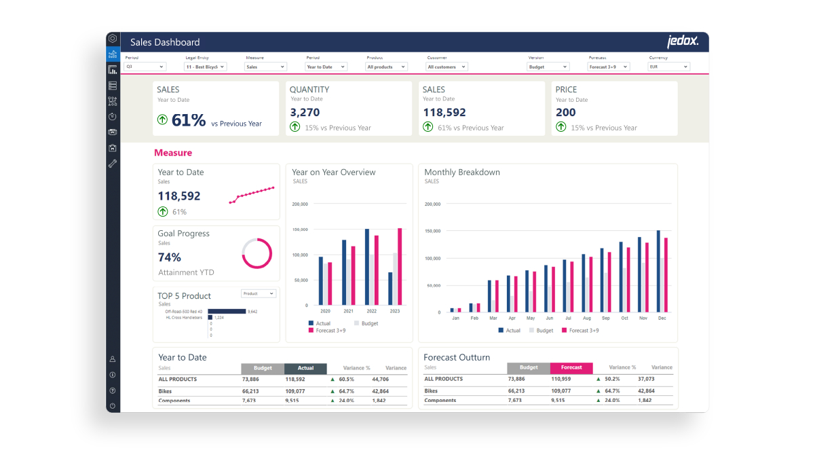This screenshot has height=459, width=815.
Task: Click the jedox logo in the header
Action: coord(682,41)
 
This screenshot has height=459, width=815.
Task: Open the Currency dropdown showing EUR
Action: coord(669,67)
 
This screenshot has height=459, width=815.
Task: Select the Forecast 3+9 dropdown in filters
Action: coord(608,67)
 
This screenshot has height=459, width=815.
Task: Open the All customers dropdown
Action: coord(447,67)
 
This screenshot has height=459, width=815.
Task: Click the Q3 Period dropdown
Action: coord(145,67)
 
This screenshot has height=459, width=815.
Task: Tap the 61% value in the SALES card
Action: coord(188,120)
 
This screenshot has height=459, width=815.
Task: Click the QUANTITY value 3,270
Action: coord(305,112)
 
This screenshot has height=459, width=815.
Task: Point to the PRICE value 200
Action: coord(565,112)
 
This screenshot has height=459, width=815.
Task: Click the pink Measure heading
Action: coord(173,153)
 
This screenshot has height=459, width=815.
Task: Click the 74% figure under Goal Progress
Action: coord(170,257)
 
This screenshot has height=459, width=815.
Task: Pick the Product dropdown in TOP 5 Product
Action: coord(259,293)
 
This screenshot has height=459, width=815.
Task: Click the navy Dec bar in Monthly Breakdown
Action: coord(658,272)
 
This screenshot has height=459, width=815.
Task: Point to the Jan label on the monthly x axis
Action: coord(455,318)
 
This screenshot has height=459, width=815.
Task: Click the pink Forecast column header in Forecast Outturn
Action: coord(571,367)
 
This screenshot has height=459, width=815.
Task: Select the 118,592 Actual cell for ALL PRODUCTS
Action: coord(295,379)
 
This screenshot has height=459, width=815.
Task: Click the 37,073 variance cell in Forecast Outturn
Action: coord(646,379)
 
